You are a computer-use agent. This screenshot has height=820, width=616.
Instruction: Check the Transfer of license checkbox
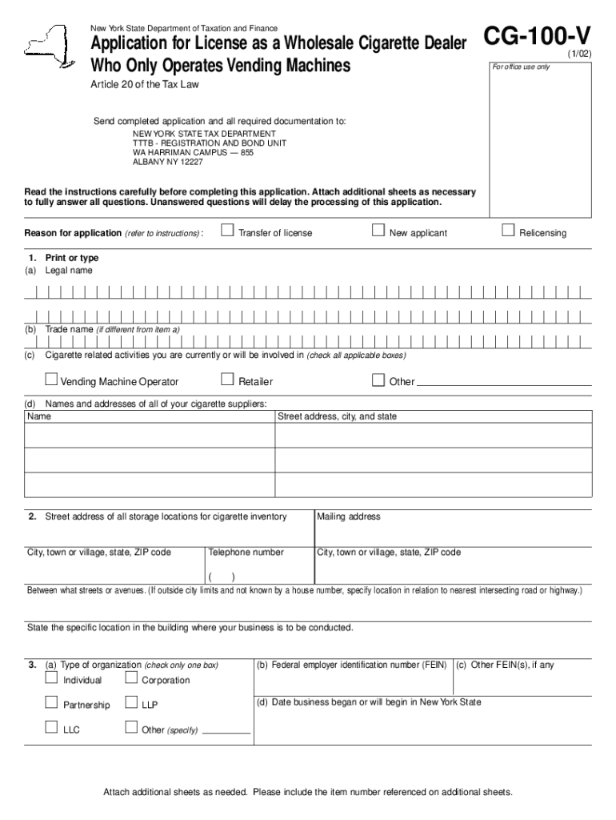227,231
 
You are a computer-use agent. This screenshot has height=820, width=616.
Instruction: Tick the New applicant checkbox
379,231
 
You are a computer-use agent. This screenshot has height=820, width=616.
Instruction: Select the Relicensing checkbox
507,231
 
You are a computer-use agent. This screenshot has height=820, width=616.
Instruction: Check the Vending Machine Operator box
51,380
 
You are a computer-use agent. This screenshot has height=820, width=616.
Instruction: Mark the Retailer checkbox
227,380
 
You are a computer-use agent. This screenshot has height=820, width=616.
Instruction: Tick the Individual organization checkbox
51,679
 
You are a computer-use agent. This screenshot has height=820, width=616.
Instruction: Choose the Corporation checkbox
131,679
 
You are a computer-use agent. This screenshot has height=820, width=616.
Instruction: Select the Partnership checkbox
51,703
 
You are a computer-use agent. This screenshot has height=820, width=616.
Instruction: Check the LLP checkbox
131,703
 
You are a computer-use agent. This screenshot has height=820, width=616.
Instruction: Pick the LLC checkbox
51,728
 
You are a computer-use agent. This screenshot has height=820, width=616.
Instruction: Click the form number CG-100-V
537,37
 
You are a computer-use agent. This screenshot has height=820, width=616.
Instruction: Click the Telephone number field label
246,553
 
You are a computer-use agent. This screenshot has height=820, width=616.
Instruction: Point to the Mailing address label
349,517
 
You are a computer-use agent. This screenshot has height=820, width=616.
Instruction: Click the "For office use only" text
521,66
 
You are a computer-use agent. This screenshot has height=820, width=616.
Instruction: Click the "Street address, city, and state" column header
337,416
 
